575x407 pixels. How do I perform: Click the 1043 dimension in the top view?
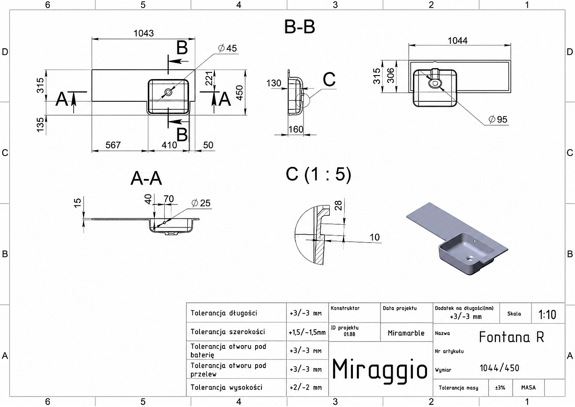[x=144, y=33]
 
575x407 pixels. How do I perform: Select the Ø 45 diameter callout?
[x=228, y=48]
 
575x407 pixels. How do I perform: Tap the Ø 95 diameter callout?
[x=498, y=119]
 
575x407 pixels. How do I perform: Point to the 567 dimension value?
[x=113, y=145]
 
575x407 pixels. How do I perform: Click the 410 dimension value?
[x=169, y=145]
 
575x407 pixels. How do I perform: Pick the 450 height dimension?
[x=239, y=93]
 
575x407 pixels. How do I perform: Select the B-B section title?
[x=299, y=27]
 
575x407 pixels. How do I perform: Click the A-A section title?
[x=146, y=178]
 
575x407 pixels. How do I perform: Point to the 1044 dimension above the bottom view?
[x=458, y=41]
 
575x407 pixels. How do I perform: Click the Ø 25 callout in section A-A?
[x=201, y=203]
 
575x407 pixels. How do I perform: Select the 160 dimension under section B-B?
[x=296, y=129]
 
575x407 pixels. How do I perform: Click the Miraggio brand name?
[x=380, y=370]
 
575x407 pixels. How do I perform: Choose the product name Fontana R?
[x=511, y=337]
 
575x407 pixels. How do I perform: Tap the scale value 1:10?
[x=547, y=314]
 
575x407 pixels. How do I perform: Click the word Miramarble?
[x=406, y=333]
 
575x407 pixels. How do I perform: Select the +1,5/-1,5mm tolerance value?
[x=307, y=332]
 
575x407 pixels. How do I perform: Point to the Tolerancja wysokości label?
[x=226, y=387]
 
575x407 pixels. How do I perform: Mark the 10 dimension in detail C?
[x=375, y=237]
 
